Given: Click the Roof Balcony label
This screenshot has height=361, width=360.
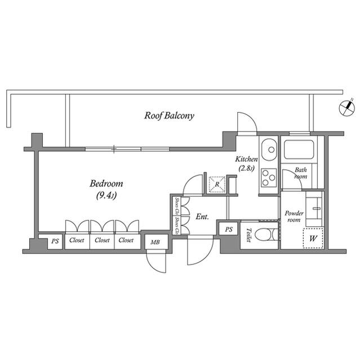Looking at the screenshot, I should point(169,116).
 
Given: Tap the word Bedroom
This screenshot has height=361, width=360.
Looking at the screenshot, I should point(106,184).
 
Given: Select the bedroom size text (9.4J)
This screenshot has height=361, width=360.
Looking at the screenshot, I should point(106,196).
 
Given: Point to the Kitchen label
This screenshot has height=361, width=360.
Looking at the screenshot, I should point(246,160).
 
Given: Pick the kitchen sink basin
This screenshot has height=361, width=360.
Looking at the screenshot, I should point(269,149).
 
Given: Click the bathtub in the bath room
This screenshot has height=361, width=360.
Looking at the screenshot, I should point(299,150).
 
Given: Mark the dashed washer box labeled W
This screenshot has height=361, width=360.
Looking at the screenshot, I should point(313,238).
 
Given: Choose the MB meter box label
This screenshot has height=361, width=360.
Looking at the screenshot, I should point(154,242).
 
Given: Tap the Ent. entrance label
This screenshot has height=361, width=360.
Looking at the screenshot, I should point(202,216).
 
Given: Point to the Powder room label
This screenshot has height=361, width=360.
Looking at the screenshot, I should point(294,217).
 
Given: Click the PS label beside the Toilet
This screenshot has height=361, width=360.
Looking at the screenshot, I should point(229,229).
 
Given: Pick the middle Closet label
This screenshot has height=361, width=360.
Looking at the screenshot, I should point(102,240).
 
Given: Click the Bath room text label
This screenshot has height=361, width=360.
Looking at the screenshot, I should point(300,173).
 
